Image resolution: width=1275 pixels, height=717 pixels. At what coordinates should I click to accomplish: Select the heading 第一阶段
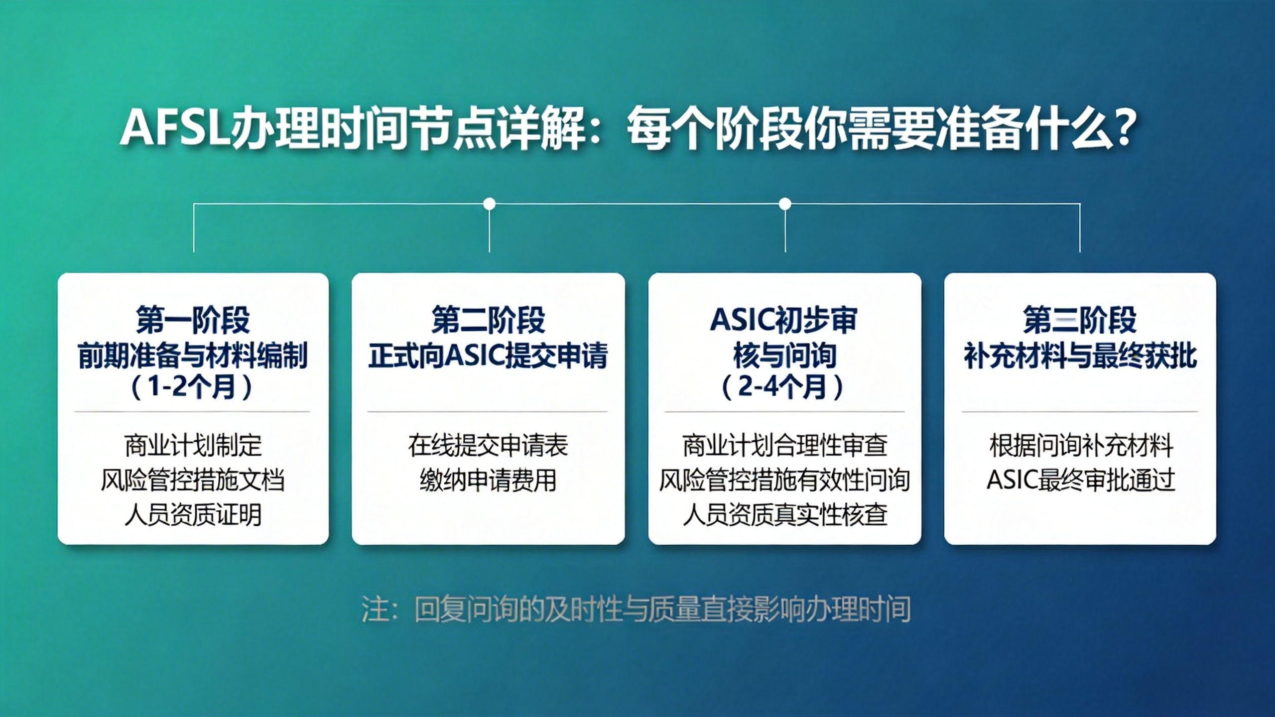tap(193, 320)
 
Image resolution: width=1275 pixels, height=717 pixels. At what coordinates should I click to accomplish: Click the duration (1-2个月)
tap(192, 387)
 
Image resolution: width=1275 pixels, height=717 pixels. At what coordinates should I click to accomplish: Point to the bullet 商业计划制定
tap(193, 445)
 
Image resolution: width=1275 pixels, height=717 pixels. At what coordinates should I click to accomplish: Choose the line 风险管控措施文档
tap(193, 480)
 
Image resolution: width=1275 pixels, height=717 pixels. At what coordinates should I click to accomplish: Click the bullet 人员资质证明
tap(193, 515)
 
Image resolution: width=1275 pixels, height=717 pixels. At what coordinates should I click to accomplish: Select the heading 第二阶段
tap(488, 320)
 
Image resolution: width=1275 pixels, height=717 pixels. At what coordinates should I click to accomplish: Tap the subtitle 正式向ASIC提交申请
tap(488, 356)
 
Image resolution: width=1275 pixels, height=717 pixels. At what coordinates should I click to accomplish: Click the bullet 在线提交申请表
tap(488, 445)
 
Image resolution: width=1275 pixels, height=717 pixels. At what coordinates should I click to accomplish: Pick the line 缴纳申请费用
tap(488, 480)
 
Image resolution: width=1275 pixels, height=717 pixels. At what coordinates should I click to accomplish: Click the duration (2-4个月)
tap(784, 387)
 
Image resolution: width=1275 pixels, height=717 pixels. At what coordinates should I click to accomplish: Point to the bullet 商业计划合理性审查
tap(784, 445)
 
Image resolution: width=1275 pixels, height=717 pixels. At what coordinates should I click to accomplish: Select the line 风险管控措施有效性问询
tap(784, 480)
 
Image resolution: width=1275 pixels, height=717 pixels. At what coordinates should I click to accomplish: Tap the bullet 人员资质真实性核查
tap(784, 515)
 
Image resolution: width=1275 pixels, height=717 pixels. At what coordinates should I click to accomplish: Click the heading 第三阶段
tap(1080, 320)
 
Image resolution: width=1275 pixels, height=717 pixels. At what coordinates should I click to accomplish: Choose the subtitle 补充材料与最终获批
tap(1080, 356)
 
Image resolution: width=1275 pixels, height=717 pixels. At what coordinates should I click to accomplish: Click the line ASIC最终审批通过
tap(1080, 480)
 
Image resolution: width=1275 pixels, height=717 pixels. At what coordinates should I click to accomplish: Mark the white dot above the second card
tap(490, 204)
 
